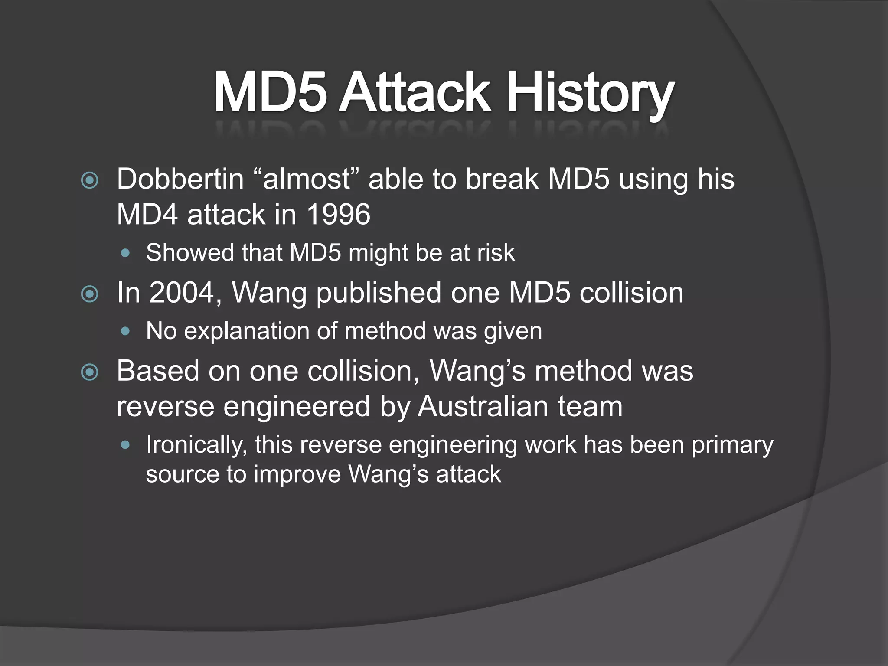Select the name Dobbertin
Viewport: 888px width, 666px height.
coord(180,179)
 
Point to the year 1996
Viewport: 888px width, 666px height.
coord(338,215)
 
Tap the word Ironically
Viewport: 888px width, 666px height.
coord(196,445)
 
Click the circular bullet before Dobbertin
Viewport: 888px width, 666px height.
coord(90,180)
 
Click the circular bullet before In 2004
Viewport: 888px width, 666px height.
coord(90,294)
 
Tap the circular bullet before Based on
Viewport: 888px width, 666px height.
coord(90,372)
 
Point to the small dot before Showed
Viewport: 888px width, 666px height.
coord(126,253)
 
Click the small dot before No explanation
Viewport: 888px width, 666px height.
coord(126,332)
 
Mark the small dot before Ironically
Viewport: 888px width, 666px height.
coord(126,445)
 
